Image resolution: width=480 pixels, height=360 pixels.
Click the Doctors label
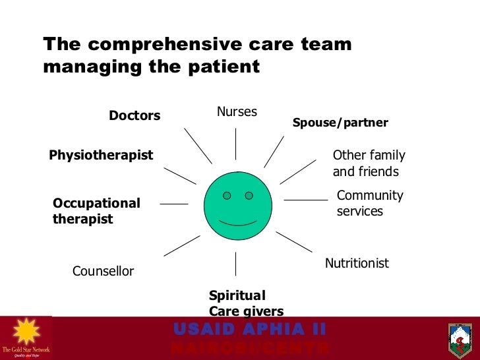pos(135,116)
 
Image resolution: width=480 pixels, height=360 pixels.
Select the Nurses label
pos(237,112)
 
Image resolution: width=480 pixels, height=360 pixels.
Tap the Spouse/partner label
pos(340,123)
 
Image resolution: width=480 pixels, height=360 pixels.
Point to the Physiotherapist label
pos(101,156)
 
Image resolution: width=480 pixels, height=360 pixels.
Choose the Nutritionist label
pos(357,264)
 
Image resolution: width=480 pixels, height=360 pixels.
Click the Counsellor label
pos(103,272)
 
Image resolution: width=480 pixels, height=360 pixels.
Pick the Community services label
pos(369,204)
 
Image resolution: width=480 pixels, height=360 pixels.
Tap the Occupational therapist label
pos(96,211)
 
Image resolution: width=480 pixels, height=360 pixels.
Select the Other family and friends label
pos(369,164)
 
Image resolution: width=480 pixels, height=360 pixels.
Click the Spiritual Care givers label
pos(246,303)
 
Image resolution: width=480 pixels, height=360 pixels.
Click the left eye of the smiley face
pos(227,196)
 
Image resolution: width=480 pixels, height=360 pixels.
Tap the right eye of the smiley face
pos(249,196)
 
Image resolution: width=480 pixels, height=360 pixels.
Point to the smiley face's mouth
pos(237,223)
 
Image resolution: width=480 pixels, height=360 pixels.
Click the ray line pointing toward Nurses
pos(236,144)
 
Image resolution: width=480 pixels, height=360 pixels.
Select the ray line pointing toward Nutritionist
pos(293,241)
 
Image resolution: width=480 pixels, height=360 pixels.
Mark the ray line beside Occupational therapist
pos(174,204)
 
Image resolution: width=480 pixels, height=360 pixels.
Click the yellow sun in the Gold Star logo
pos(25,332)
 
